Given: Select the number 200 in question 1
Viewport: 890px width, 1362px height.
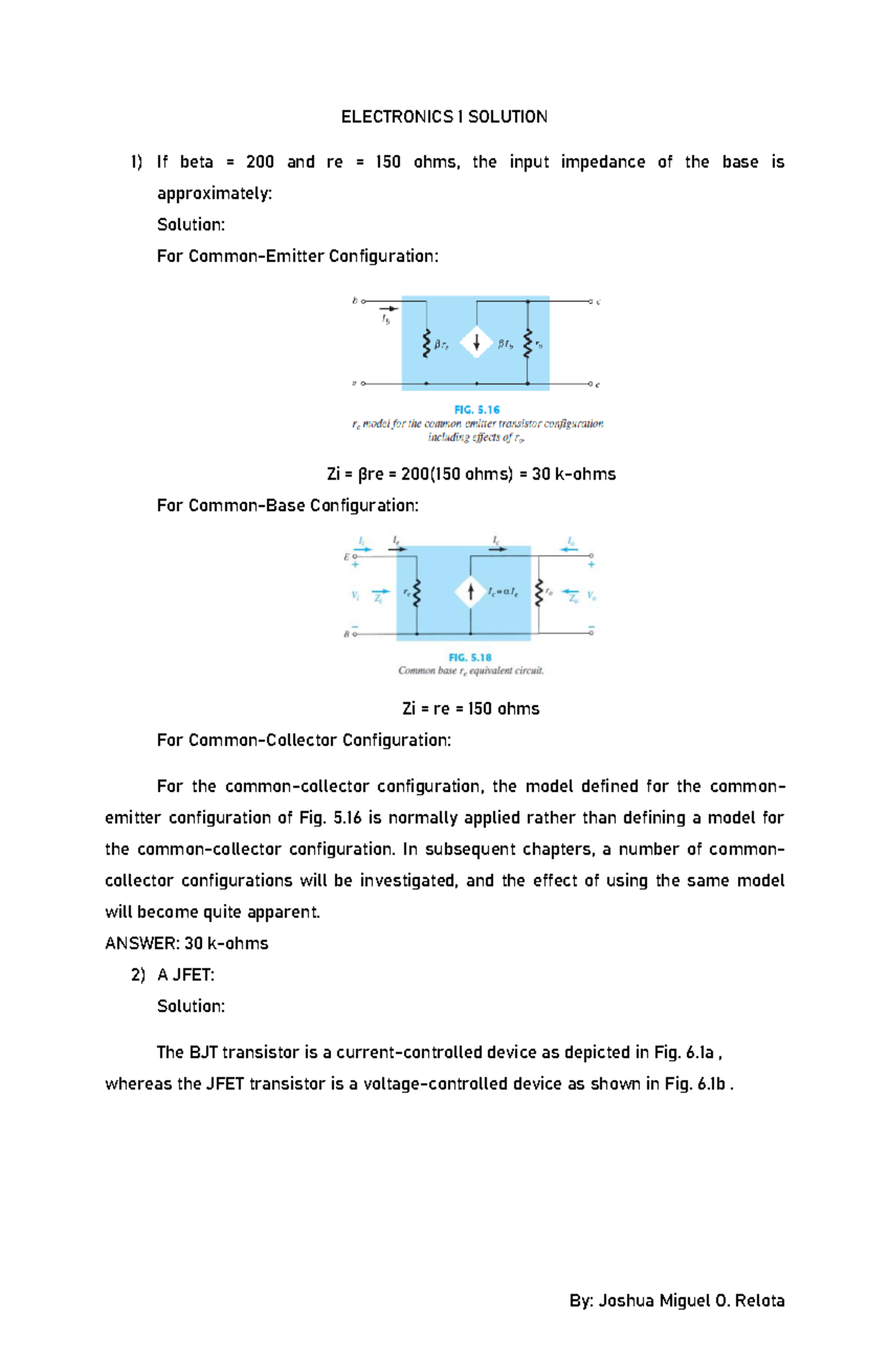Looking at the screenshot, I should click(x=260, y=162).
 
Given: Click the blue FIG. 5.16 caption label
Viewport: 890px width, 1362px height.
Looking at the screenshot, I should click(x=476, y=410).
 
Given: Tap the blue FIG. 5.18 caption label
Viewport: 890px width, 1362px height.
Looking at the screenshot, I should click(x=469, y=658).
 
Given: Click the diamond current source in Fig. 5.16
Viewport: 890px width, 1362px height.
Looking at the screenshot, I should click(x=476, y=343).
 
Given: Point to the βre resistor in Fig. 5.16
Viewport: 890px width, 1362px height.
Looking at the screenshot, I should click(x=426, y=344).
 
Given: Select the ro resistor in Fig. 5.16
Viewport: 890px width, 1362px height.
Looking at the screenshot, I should click(x=528, y=344).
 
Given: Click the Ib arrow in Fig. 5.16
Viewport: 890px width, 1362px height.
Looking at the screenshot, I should click(x=388, y=310).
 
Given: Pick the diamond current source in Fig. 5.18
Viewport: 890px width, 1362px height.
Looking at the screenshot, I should click(x=470, y=592).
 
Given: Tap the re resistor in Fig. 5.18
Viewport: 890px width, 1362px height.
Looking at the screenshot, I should click(x=416, y=592).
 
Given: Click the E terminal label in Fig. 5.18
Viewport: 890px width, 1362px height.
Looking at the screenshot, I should click(x=346, y=557).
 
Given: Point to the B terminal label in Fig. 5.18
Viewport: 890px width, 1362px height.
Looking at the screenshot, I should click(x=346, y=635).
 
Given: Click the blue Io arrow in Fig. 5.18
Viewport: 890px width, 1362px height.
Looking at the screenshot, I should click(x=570, y=549).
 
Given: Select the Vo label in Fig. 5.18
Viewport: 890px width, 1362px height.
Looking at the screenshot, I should click(x=591, y=595).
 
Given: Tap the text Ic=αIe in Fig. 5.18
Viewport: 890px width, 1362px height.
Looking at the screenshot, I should click(x=503, y=592).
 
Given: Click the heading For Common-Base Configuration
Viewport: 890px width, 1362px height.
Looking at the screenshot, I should click(x=288, y=505).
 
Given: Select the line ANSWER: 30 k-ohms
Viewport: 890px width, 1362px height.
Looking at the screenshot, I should click(x=187, y=943).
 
